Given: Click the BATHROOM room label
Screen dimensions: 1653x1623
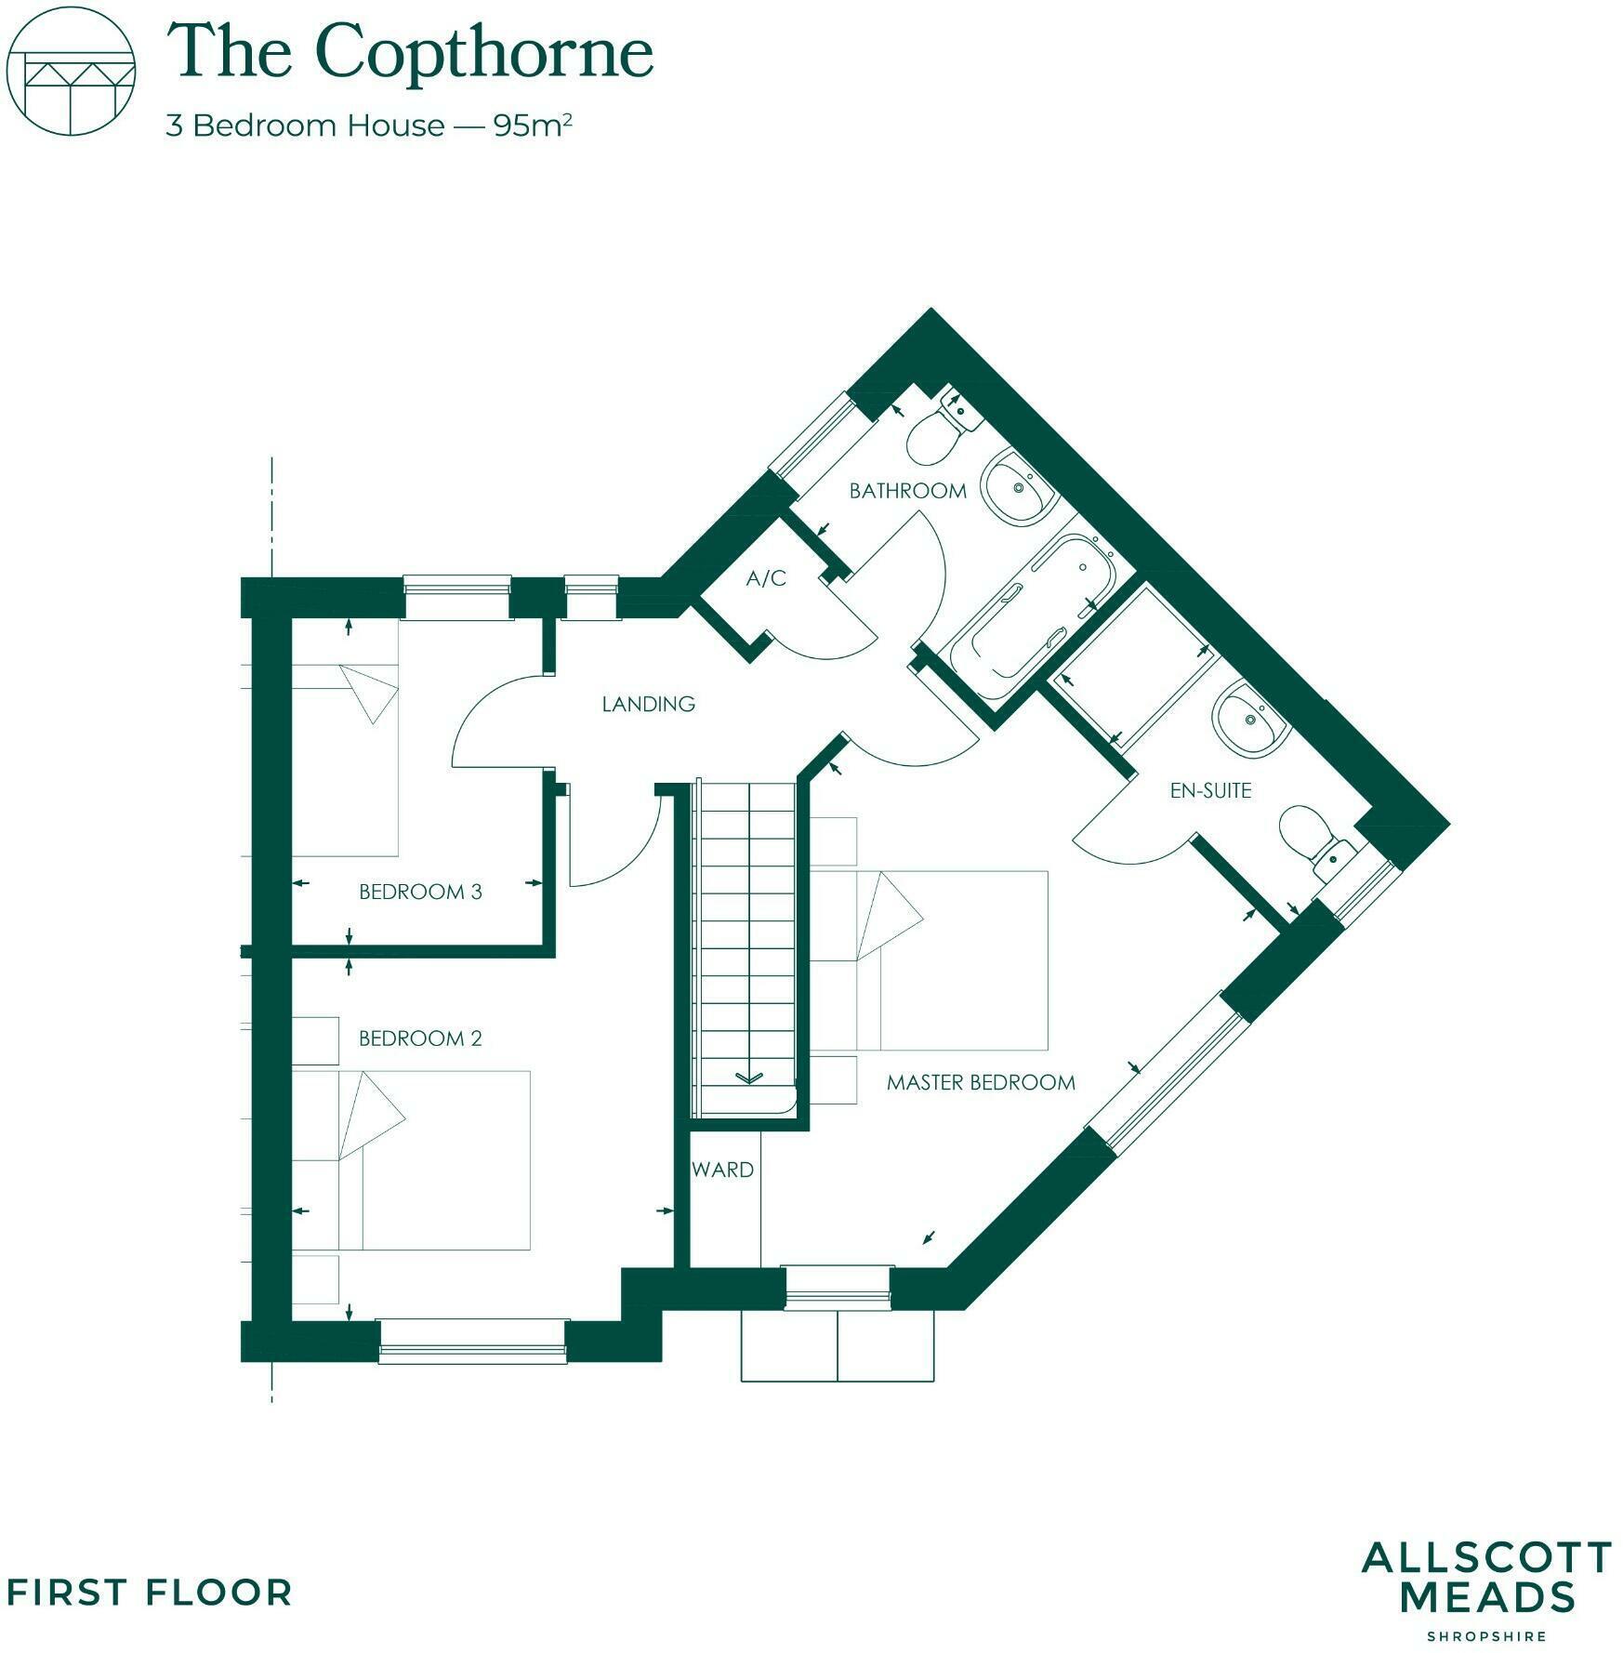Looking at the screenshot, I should (x=907, y=491).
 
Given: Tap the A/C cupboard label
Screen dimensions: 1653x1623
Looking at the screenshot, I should (x=766, y=579).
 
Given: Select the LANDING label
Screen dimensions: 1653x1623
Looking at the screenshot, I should (x=648, y=704).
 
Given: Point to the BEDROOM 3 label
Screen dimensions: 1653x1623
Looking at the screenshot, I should (x=420, y=892).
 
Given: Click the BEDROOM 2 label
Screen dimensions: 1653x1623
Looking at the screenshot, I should (x=420, y=1038).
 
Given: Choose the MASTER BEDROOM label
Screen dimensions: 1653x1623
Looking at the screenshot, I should (x=981, y=1082).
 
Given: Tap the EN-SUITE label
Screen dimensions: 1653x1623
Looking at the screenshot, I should (x=1210, y=790).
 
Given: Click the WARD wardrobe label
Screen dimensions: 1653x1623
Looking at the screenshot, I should (x=722, y=1170).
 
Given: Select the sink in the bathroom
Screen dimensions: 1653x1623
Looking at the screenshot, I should (x=1018, y=488).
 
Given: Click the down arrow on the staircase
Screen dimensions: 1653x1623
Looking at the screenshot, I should (x=747, y=1078).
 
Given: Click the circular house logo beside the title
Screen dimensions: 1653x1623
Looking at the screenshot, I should (x=72, y=73).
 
